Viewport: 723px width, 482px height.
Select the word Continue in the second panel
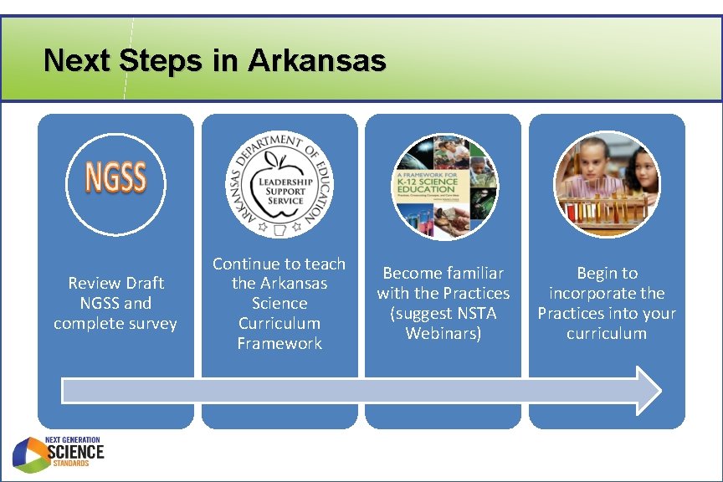[x=244, y=264]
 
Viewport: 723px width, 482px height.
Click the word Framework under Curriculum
[x=279, y=343]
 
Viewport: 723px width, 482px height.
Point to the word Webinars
[x=443, y=333]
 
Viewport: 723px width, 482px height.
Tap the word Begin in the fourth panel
[x=596, y=273]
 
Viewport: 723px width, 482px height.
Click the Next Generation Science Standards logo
[x=58, y=453]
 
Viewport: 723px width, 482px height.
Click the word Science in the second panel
[x=279, y=303]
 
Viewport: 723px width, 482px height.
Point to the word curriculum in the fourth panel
[x=607, y=333]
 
